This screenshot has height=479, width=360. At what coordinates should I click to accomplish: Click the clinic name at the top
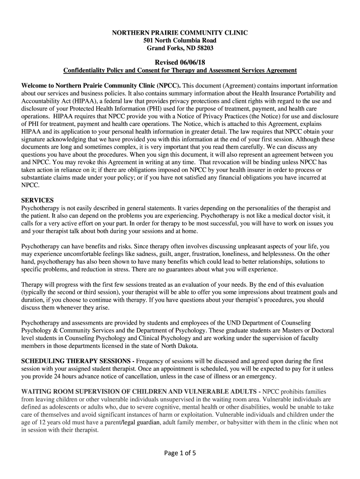(180, 32)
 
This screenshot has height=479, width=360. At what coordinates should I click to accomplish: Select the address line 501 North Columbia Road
(180, 40)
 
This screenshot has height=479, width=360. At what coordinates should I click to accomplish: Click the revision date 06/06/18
(192, 62)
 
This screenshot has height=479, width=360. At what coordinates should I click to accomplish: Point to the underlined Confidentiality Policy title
(180, 70)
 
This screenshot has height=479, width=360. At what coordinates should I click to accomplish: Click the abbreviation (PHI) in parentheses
(161, 109)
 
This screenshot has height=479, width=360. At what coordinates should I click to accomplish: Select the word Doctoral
(319, 331)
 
